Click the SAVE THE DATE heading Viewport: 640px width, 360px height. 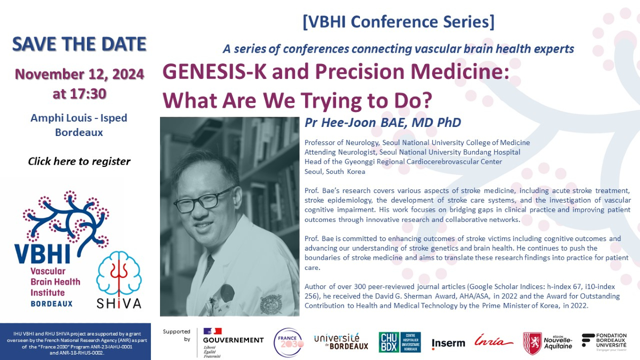pos(79,44)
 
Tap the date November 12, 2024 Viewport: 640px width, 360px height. pos(79,74)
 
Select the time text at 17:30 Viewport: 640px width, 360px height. pos(79,94)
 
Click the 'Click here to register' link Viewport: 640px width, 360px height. pos(79,161)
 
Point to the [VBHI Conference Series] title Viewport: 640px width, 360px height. pos(398,22)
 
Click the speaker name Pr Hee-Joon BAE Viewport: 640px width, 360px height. pos(382,123)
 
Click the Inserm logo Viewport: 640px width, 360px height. pos(448,343)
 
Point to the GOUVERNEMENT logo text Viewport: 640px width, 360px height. pos(233,340)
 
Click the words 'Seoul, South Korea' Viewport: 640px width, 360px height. pos(334,172)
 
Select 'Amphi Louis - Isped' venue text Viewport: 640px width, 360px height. pos(79,118)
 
